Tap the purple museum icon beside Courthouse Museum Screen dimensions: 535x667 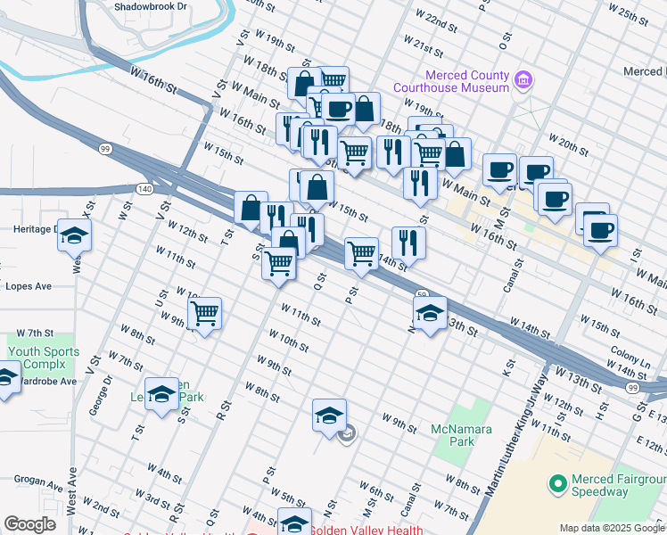click(x=524, y=81)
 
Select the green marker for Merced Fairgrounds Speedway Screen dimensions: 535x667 click(x=558, y=484)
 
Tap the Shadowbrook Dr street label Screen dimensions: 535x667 click(x=151, y=5)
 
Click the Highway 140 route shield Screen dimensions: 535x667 click(x=144, y=189)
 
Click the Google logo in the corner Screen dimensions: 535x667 click(x=29, y=524)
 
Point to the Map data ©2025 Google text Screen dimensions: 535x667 click(x=611, y=528)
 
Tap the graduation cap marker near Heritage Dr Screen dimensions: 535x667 click(x=74, y=235)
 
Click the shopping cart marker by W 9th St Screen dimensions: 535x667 click(x=205, y=313)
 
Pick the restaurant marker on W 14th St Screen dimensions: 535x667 click(x=408, y=242)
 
